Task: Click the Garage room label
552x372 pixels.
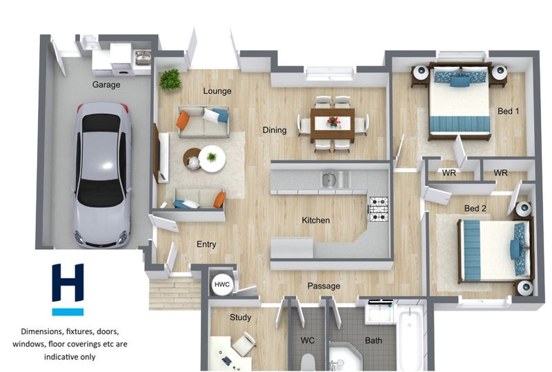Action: [x=106, y=85]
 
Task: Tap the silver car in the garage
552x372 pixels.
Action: [x=102, y=175]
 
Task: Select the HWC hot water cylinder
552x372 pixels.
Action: [x=221, y=284]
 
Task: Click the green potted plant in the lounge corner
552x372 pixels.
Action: [x=170, y=79]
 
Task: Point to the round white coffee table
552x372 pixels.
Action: [x=212, y=159]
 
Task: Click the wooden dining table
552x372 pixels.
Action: [x=333, y=125]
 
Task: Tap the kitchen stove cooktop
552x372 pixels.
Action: [x=379, y=209]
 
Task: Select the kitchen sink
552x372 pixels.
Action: [x=329, y=179]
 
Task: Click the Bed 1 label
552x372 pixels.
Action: [x=508, y=111]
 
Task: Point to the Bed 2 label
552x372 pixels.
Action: [x=475, y=208]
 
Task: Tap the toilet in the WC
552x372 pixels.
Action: [x=308, y=362]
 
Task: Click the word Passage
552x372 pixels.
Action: [x=324, y=286]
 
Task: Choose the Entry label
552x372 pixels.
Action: [x=206, y=244]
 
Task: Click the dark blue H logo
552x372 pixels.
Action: [x=68, y=282]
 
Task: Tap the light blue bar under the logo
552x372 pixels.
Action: [x=68, y=312]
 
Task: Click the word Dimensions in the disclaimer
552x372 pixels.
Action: [x=42, y=331]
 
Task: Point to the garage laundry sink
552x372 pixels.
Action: [x=143, y=58]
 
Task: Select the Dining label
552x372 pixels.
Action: [x=275, y=130]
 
